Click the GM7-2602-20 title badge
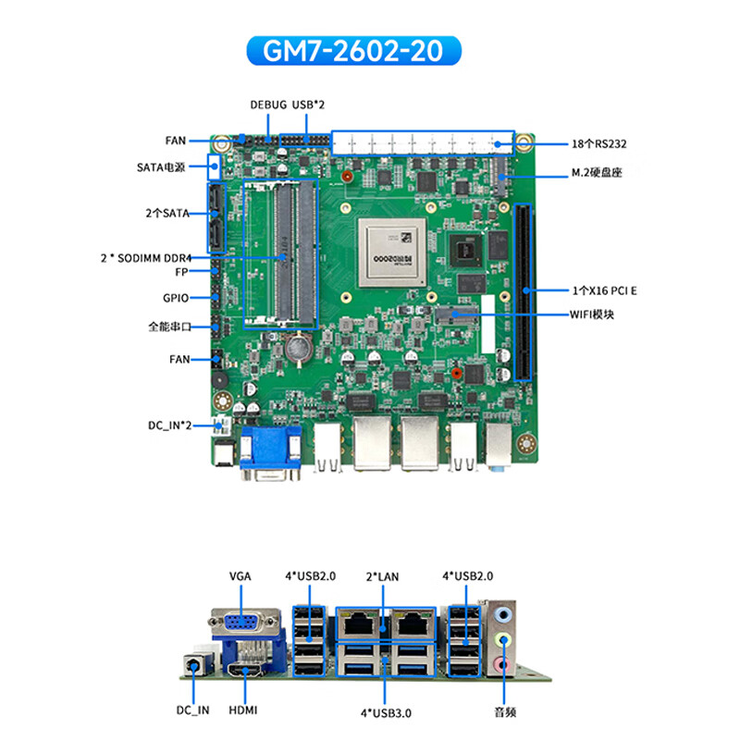click(x=356, y=51)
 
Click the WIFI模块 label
click(x=591, y=314)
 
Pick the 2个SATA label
click(x=167, y=213)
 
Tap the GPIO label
click(x=176, y=298)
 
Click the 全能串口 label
click(x=168, y=327)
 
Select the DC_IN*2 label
click(x=170, y=425)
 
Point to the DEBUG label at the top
click(x=268, y=105)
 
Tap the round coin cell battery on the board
click(x=298, y=348)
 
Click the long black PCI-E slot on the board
click(x=524, y=291)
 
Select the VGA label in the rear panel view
click(x=240, y=576)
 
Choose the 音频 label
click(x=505, y=713)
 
